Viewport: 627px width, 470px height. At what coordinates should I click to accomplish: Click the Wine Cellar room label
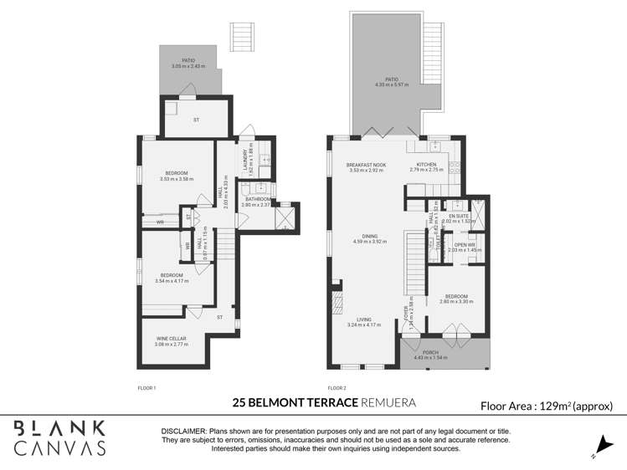pos(171,338)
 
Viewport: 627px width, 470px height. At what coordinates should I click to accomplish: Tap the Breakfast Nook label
pos(366,165)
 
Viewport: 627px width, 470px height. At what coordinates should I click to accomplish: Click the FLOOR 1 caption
pos(146,388)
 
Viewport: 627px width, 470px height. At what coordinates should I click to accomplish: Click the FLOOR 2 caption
pos(337,388)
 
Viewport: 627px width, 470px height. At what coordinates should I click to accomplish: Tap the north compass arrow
pos(597,447)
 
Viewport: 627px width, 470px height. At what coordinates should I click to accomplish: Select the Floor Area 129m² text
pos(547,406)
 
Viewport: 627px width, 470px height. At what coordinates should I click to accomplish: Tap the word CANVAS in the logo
pos(61,447)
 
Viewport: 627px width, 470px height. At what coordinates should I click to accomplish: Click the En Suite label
pos(458,217)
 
